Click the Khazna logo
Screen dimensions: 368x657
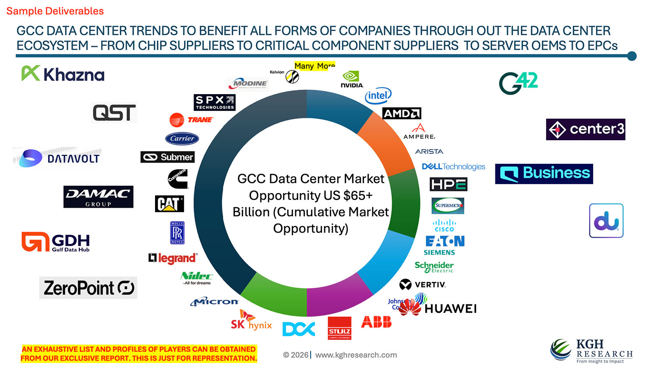pos(63,74)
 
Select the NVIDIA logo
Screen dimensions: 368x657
pos(352,79)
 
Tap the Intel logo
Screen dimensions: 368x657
pos(378,96)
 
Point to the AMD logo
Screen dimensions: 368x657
pos(402,113)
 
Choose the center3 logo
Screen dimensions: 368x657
pos(585,129)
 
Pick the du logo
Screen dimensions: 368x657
pos(606,221)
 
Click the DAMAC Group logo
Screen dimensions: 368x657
pos(98,197)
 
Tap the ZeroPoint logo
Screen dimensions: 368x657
pos(88,288)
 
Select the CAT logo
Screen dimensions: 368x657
pos(169,204)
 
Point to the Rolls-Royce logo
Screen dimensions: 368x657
pos(177,233)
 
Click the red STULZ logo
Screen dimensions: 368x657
pos(339,328)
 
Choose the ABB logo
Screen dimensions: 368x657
pos(376,322)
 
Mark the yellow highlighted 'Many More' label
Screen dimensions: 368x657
pos(314,66)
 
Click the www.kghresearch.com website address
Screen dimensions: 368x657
pos(356,355)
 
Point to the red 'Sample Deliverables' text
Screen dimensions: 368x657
pos(55,11)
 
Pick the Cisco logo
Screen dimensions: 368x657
pos(444,226)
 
